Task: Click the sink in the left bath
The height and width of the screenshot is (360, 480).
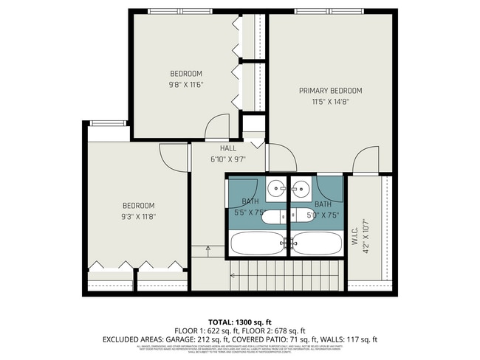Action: [x=275, y=187]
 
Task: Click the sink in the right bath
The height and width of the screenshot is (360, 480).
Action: [x=301, y=187]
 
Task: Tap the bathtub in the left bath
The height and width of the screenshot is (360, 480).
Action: [x=256, y=243]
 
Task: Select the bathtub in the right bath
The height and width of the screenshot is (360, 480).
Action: [x=316, y=243]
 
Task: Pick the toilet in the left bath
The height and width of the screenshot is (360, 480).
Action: [x=272, y=217]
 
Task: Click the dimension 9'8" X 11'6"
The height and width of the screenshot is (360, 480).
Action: [x=186, y=84]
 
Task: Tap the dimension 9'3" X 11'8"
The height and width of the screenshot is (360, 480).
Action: [x=138, y=216]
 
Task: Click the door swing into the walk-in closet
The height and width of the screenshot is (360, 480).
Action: [x=366, y=157]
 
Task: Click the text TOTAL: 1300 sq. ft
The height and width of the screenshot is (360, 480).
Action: [x=239, y=322]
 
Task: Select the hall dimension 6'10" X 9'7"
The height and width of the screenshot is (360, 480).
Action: [x=227, y=159]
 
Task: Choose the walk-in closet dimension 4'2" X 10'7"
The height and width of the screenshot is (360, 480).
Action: [x=365, y=235]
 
